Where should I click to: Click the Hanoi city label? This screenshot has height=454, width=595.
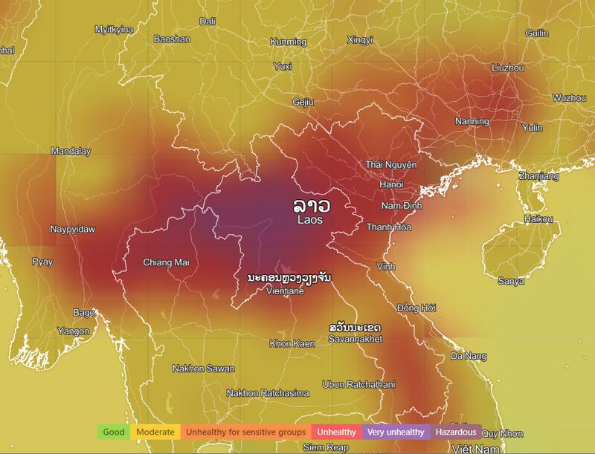tap(390, 184)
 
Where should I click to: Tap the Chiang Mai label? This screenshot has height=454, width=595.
tap(166, 262)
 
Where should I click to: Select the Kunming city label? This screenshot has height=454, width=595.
tap(289, 42)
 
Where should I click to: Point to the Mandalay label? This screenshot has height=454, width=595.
tap(71, 152)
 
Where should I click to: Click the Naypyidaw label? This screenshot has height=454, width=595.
tap(73, 230)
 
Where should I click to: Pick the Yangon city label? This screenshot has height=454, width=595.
tap(73, 331)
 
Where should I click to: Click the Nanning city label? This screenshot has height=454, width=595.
tap(472, 121)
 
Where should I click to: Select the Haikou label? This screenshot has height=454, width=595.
tap(538, 219)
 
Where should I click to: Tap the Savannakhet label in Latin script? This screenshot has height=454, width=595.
tap(355, 339)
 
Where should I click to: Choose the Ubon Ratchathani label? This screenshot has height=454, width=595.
tap(354, 384)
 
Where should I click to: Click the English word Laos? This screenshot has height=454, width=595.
tap(312, 220)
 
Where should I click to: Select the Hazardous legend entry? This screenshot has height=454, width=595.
tap(456, 432)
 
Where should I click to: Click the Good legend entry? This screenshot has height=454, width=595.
tap(114, 432)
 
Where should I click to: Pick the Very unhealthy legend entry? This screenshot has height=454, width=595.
tap(396, 432)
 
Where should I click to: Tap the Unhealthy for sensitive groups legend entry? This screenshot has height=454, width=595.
tap(245, 432)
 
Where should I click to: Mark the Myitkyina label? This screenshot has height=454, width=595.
tap(114, 30)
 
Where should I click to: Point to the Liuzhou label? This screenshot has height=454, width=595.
tap(508, 68)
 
